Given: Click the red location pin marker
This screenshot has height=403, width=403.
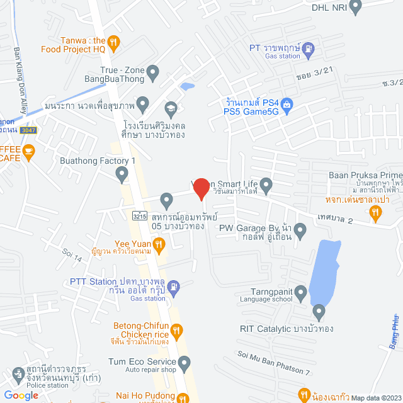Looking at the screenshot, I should [x=201, y=189].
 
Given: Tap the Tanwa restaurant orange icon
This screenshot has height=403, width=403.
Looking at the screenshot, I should [x=113, y=43].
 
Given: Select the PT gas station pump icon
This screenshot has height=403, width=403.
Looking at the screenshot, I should [x=308, y=47].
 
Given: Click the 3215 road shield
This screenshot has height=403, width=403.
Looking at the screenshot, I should [x=140, y=215].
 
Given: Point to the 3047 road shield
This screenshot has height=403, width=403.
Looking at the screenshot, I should [x=28, y=130].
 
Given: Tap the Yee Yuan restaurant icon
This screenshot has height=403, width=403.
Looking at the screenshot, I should [x=159, y=243].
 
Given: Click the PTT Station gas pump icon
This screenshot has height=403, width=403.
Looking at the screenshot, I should [x=174, y=287].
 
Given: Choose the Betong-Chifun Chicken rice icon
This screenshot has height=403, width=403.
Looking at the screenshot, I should [x=177, y=330].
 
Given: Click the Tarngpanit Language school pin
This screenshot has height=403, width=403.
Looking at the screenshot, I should [x=301, y=292].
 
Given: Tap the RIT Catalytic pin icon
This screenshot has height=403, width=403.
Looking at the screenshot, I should [x=319, y=311].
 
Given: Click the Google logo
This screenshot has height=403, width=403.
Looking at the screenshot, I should [x=21, y=395].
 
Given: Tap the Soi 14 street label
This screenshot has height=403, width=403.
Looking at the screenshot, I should [x=72, y=255].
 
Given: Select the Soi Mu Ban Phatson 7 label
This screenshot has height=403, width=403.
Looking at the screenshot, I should [x=274, y=364].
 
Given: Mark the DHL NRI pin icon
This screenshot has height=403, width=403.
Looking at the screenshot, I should [x=355, y=8].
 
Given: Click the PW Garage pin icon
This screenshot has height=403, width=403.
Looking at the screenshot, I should [x=300, y=232].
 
